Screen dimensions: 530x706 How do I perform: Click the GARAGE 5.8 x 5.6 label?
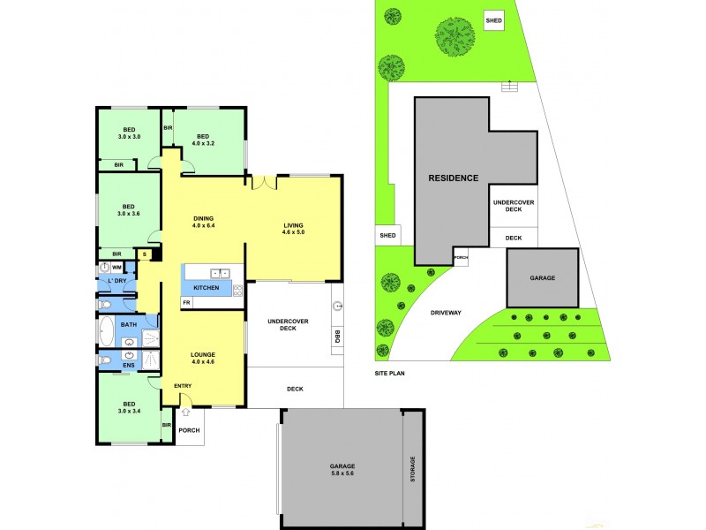[343, 469]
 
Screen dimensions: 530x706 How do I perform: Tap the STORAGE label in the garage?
[411, 468]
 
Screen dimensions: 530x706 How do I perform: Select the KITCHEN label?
[206, 289]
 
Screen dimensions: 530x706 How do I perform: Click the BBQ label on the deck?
[337, 337]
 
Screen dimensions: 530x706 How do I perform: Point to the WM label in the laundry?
[116, 267]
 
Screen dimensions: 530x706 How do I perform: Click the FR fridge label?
[186, 303]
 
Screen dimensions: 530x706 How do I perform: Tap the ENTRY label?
[183, 385]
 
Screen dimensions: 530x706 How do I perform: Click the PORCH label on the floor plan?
[190, 430]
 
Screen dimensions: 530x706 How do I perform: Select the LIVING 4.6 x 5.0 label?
[293, 230]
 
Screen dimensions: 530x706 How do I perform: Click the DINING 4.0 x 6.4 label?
[204, 223]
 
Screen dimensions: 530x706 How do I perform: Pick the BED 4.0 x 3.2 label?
[203, 139]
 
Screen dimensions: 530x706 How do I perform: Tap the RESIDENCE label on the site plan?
[454, 178]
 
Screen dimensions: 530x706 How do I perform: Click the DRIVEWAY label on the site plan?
[447, 313]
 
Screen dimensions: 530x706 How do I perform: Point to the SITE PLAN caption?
[389, 374]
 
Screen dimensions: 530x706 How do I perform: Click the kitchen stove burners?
[237, 290]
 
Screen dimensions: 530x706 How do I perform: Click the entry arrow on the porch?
[186, 412]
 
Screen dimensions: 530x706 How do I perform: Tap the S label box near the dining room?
[145, 254]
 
